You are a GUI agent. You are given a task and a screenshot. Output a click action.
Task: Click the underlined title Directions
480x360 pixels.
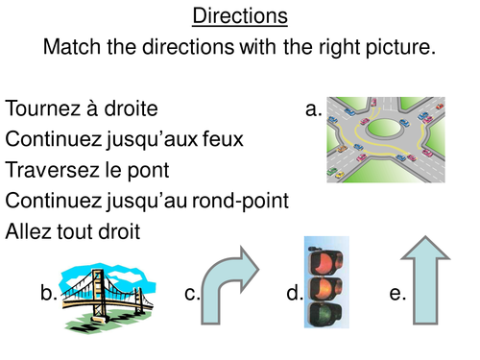coord(239,16)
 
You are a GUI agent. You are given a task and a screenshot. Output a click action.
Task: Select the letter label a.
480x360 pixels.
coord(313,109)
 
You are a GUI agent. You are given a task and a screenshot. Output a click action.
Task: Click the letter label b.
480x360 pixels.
coord(49,294)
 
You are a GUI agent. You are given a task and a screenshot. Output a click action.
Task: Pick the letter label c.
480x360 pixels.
coord(192,294)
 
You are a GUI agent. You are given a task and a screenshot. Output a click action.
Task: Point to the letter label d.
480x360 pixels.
coord(294,294)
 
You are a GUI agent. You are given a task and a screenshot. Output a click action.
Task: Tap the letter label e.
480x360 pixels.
coord(397,294)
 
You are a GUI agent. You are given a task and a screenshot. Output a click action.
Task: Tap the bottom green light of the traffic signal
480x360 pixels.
coord(325,308)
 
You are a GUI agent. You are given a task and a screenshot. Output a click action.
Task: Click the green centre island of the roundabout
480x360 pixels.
coord(385,129)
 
